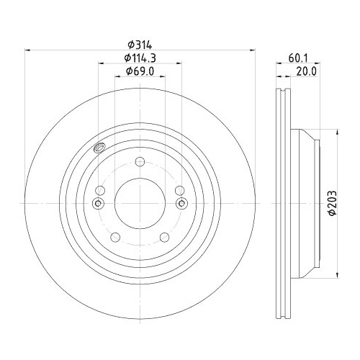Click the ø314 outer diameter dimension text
click(140, 42)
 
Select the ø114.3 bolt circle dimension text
click(140, 57)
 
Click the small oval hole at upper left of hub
click(99, 149)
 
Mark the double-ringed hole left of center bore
click(99, 204)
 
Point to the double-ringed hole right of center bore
click(181, 204)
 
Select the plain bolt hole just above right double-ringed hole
click(179, 190)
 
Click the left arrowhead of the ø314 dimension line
click(29, 50)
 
